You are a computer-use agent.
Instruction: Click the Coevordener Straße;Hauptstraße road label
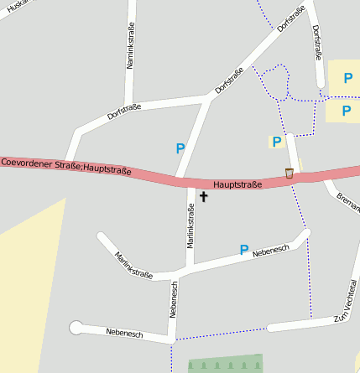(66, 166)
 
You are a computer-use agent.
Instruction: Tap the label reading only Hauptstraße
(237, 184)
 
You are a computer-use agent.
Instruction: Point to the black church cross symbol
(203, 198)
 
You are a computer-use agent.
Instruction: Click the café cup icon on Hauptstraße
(290, 173)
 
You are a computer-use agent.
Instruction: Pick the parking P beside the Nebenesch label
(244, 250)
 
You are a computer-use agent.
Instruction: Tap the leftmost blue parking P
(180, 148)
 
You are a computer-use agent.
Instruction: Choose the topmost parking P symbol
(347, 78)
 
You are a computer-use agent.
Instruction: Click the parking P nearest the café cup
(276, 142)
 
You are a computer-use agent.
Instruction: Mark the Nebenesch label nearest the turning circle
(124, 333)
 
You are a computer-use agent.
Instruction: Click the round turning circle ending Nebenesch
(76, 327)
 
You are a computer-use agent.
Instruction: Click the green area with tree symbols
(225, 363)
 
